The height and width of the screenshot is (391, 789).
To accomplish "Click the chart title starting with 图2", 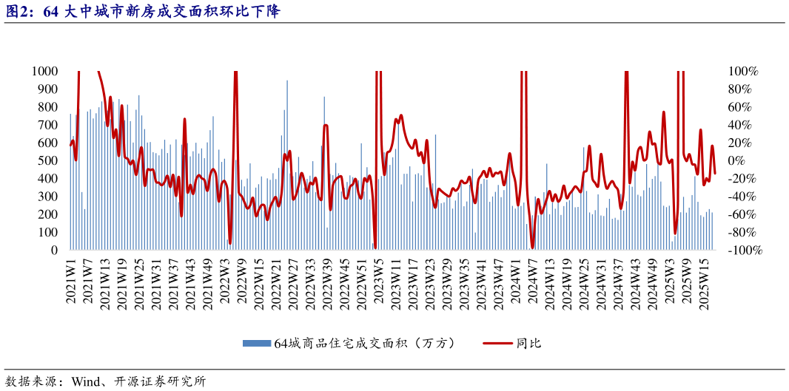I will [141, 12].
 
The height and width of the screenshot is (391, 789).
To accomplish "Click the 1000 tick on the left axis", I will [45, 71].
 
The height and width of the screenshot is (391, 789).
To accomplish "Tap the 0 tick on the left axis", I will [56, 251].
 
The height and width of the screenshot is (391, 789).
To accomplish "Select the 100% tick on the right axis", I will [744, 71].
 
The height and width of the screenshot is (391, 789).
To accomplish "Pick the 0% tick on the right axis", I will [737, 160].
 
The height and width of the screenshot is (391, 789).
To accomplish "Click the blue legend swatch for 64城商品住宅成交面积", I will [258, 343].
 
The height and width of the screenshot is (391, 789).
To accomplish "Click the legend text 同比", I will [529, 343].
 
